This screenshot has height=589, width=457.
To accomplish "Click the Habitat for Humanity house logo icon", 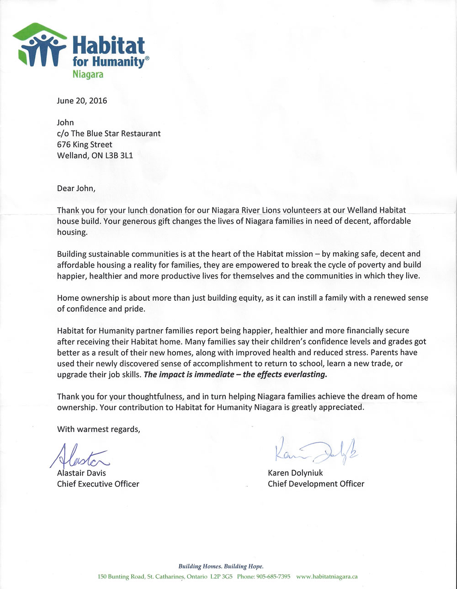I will [39, 45].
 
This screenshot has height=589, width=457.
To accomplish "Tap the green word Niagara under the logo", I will [88, 74].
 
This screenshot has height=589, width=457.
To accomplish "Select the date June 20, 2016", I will [82, 101].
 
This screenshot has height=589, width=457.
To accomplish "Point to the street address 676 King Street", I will [85, 144].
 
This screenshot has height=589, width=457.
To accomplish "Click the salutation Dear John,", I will [76, 188].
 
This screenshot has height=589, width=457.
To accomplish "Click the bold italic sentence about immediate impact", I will [236, 374].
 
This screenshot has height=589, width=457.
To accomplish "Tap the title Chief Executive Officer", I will [98, 484].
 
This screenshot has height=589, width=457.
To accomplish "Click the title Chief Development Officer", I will [316, 484].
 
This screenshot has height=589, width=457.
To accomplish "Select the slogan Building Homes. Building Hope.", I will [221, 566].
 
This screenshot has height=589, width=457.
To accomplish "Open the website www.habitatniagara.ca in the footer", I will [327, 577].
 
